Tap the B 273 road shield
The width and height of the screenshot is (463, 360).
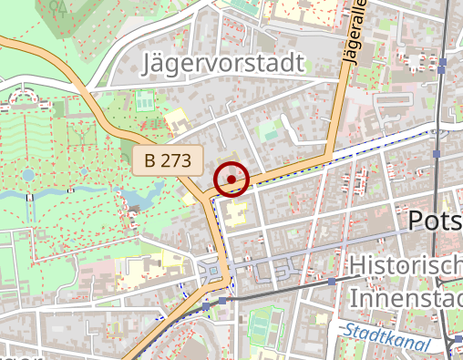(168, 162)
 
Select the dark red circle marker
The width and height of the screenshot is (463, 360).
(232, 180)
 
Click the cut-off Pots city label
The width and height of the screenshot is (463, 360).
(434, 221)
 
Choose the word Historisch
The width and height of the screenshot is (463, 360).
(406, 266)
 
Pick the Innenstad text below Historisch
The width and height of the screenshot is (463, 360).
(406, 298)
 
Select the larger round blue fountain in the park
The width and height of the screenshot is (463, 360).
(28, 174)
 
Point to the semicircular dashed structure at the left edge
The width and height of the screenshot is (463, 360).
(23, 96)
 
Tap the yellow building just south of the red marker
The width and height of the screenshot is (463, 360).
(236, 215)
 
